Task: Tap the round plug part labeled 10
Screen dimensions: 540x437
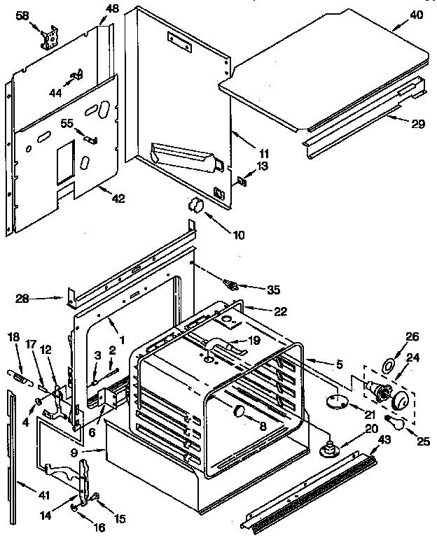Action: (194, 205)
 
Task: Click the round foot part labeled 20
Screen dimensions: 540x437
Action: (327, 450)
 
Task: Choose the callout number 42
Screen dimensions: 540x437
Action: (118, 198)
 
